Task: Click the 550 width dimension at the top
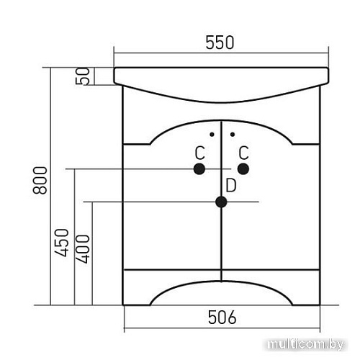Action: [220, 42]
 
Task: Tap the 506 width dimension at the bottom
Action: [222, 318]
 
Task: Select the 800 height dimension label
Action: [40, 180]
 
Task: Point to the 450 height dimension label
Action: [61, 243]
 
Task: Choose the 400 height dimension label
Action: [82, 249]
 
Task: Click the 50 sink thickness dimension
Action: [83, 76]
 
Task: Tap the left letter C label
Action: [199, 153]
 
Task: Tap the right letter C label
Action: [243, 153]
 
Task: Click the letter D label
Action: [231, 185]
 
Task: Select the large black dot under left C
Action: [199, 169]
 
